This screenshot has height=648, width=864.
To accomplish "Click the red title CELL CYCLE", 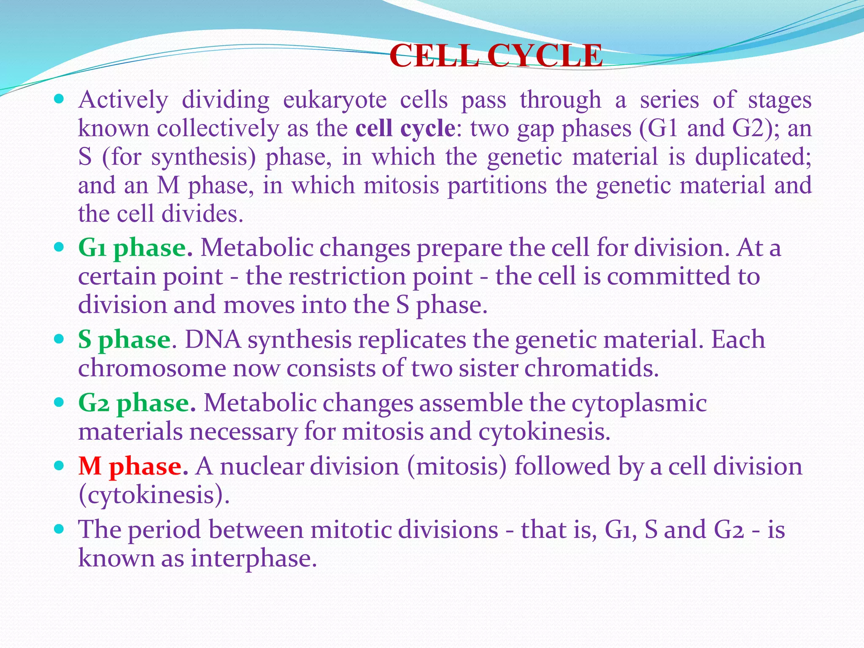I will pyautogui.click(x=496, y=56).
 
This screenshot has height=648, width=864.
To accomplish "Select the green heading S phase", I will pyautogui.click(x=124, y=340).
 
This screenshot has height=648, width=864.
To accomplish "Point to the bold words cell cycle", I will pyautogui.click(x=405, y=128).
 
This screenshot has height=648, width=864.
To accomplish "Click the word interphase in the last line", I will pyautogui.click(x=254, y=559).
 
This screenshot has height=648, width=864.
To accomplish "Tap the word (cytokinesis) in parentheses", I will pyautogui.click(x=154, y=495).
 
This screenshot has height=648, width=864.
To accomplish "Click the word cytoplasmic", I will pyautogui.click(x=639, y=403).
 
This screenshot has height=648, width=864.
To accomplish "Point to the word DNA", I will pyautogui.click(x=213, y=340).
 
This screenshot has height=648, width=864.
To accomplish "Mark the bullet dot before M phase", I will pyautogui.click(x=59, y=466).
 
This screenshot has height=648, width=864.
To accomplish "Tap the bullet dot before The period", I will pyautogui.click(x=59, y=529).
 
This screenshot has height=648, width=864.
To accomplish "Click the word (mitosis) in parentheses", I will pyautogui.click(x=456, y=467).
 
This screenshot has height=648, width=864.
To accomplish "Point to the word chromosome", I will pyautogui.click(x=152, y=369).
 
